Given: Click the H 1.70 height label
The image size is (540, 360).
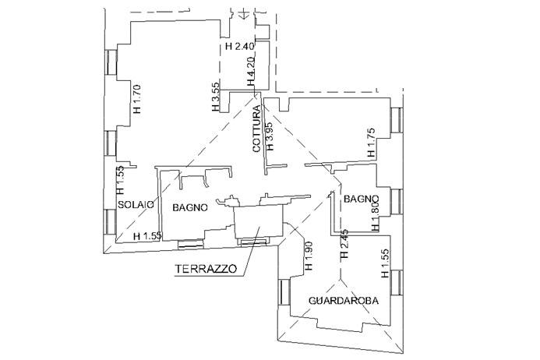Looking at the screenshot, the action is (x=137, y=99).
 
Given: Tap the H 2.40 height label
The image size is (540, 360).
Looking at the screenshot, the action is (x=239, y=47).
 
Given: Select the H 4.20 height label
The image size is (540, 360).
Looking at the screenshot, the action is (x=252, y=72).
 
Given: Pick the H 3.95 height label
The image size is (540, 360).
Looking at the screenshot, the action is (x=270, y=136).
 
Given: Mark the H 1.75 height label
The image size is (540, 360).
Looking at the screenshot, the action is (x=371, y=141).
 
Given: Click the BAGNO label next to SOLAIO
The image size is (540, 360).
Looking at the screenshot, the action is (x=190, y=207).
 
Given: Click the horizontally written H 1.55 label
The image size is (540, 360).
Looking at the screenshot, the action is (x=148, y=235).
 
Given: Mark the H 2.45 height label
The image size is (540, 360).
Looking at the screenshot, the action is (x=343, y=245).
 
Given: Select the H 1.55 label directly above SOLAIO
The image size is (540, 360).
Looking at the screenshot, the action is (x=120, y=181).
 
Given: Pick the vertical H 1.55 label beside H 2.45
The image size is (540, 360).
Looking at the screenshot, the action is (x=384, y=263).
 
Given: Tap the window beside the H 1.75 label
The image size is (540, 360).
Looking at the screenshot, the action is (x=398, y=120).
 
